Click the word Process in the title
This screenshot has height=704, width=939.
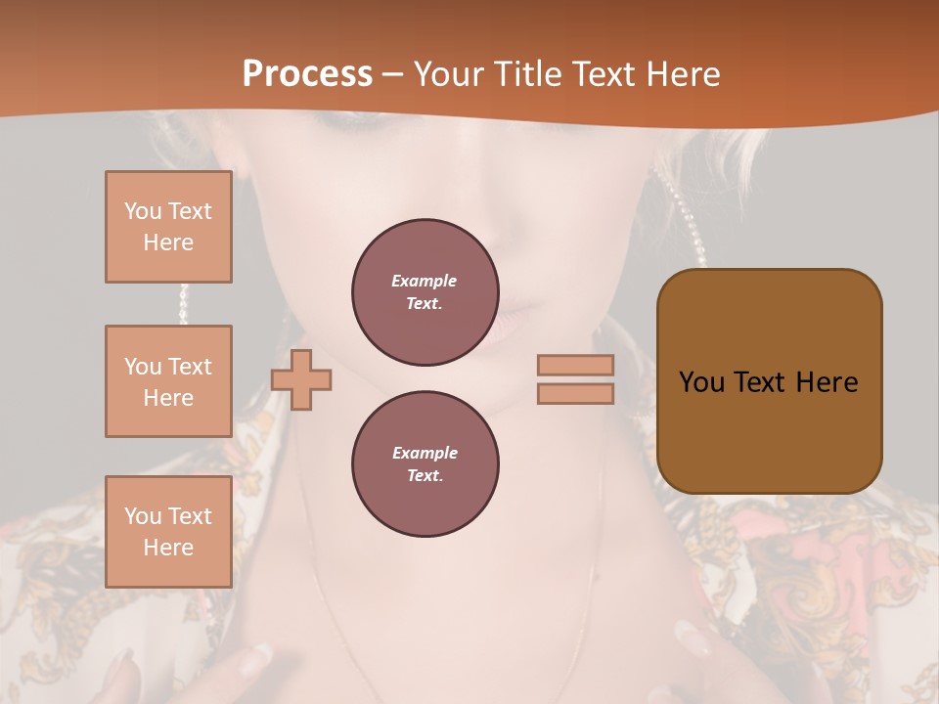click(307, 74)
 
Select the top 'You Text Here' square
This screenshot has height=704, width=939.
click(168, 227)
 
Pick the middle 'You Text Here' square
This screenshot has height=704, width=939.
click(168, 381)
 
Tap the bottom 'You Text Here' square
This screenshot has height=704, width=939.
click(168, 532)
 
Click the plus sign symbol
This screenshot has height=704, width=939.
click(301, 379)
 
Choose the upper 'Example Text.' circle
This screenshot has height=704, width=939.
click(425, 292)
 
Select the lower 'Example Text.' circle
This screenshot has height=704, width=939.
click(425, 464)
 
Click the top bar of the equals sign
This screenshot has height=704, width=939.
click(575, 365)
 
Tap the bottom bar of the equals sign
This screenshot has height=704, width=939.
click(575, 393)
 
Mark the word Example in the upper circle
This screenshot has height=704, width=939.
click(425, 281)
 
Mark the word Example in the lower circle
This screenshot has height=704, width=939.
click(425, 453)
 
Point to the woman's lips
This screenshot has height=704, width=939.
click(518, 323)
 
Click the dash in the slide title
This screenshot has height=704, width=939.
click(393, 74)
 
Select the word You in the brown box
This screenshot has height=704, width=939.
click(701, 382)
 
